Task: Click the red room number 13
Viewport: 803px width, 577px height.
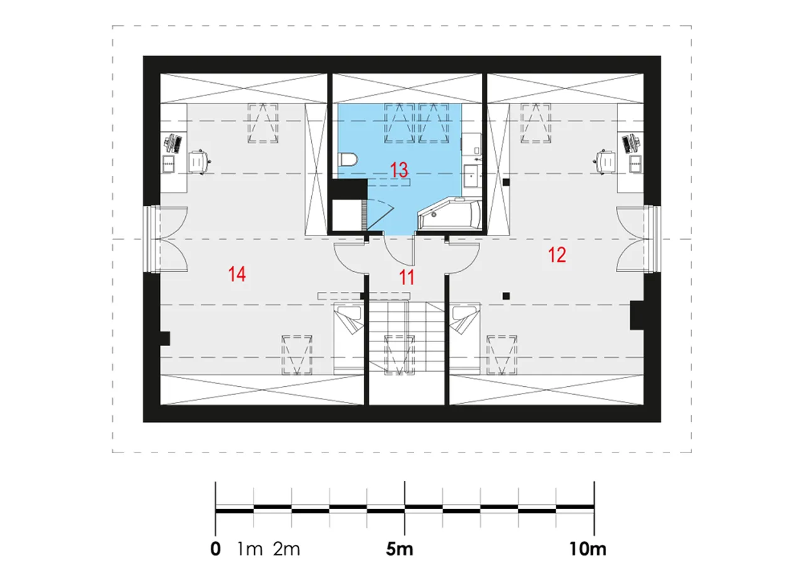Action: pyautogui.click(x=399, y=170)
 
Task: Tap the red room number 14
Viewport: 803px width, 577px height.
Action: pyautogui.click(x=237, y=274)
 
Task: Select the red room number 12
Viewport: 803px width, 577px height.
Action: pyautogui.click(x=557, y=255)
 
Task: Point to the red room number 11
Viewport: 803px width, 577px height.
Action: pyautogui.click(x=407, y=278)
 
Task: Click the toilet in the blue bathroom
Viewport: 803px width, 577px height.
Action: pyautogui.click(x=348, y=159)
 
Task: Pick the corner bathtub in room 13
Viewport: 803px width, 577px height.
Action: pyautogui.click(x=450, y=214)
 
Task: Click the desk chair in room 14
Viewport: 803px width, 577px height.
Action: pyautogui.click(x=199, y=162)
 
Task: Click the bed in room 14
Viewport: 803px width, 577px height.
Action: pyautogui.click(x=349, y=339)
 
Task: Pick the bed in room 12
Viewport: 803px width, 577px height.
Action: pyautogui.click(x=465, y=339)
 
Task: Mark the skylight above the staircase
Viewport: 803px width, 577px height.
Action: pyautogui.click(x=400, y=355)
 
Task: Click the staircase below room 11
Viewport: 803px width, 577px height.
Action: pyautogui.click(x=407, y=337)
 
